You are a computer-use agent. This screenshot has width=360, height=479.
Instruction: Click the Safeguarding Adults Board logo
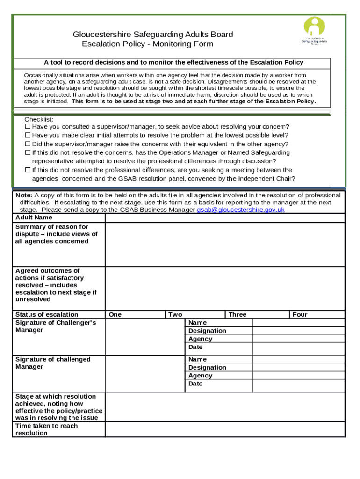[x=315, y=31]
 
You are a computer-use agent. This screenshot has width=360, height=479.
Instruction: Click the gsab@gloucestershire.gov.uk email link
[x=240, y=210]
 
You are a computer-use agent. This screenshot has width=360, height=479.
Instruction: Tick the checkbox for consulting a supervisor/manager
[x=28, y=127]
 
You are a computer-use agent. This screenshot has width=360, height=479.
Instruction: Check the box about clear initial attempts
[x=28, y=135]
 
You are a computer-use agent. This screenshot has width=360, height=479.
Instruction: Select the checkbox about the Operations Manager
[x=28, y=152]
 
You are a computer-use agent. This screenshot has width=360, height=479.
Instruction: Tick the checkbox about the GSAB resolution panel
[x=28, y=170]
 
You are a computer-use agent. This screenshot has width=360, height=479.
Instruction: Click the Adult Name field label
[x=34, y=218]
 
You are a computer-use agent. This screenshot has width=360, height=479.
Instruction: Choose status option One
[x=115, y=314]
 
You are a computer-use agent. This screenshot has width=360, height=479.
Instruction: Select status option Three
[x=237, y=314]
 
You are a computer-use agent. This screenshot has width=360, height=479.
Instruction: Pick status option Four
[x=300, y=314]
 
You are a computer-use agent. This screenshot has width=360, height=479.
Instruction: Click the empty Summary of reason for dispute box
[x=225, y=244]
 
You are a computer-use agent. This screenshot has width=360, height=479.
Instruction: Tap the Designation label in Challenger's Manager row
[x=207, y=331]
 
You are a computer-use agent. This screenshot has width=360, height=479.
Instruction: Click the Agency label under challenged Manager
[x=200, y=376]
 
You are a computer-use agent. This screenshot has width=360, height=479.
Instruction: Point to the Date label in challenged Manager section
[x=195, y=384]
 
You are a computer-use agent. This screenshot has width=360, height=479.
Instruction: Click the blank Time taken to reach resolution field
[x=225, y=429]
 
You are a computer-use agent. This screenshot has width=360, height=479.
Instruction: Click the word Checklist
[x=39, y=119]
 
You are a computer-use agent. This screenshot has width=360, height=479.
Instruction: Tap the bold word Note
[x=23, y=195]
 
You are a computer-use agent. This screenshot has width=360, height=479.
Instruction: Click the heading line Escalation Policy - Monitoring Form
[x=147, y=44]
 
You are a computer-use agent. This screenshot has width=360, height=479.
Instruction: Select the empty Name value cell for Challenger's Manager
[x=298, y=323]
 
